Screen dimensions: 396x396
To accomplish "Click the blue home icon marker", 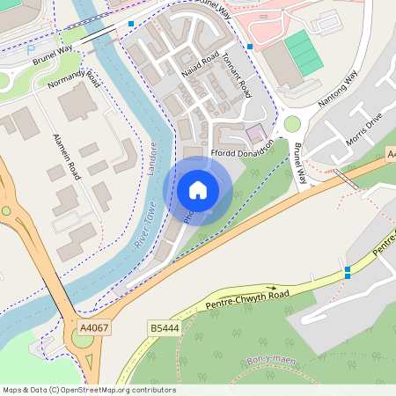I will point(198,189).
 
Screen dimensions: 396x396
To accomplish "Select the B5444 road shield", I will point(160,327).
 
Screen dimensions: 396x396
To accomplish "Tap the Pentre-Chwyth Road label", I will point(248,297).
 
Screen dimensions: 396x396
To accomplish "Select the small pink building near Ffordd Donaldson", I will point(256,132).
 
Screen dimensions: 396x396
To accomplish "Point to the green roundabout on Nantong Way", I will point(292,124).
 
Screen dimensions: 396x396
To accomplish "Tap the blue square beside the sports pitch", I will point(250,46).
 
